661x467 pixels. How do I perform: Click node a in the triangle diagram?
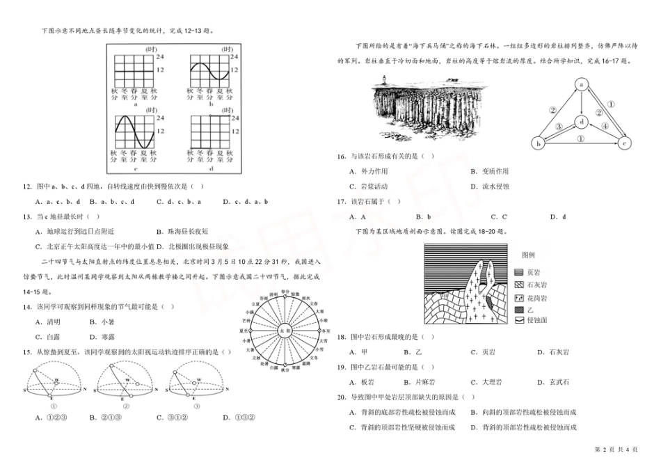(580, 84)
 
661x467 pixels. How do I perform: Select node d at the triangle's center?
(580, 121)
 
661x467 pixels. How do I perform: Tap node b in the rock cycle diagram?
(538, 143)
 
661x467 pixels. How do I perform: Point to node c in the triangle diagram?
(624, 143)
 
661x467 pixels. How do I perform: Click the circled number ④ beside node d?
(605, 127)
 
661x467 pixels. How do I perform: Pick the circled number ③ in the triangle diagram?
(559, 127)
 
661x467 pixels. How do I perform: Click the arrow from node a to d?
(580, 102)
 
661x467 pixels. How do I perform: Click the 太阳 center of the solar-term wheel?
(283, 329)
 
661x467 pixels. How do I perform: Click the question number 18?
(341, 337)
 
